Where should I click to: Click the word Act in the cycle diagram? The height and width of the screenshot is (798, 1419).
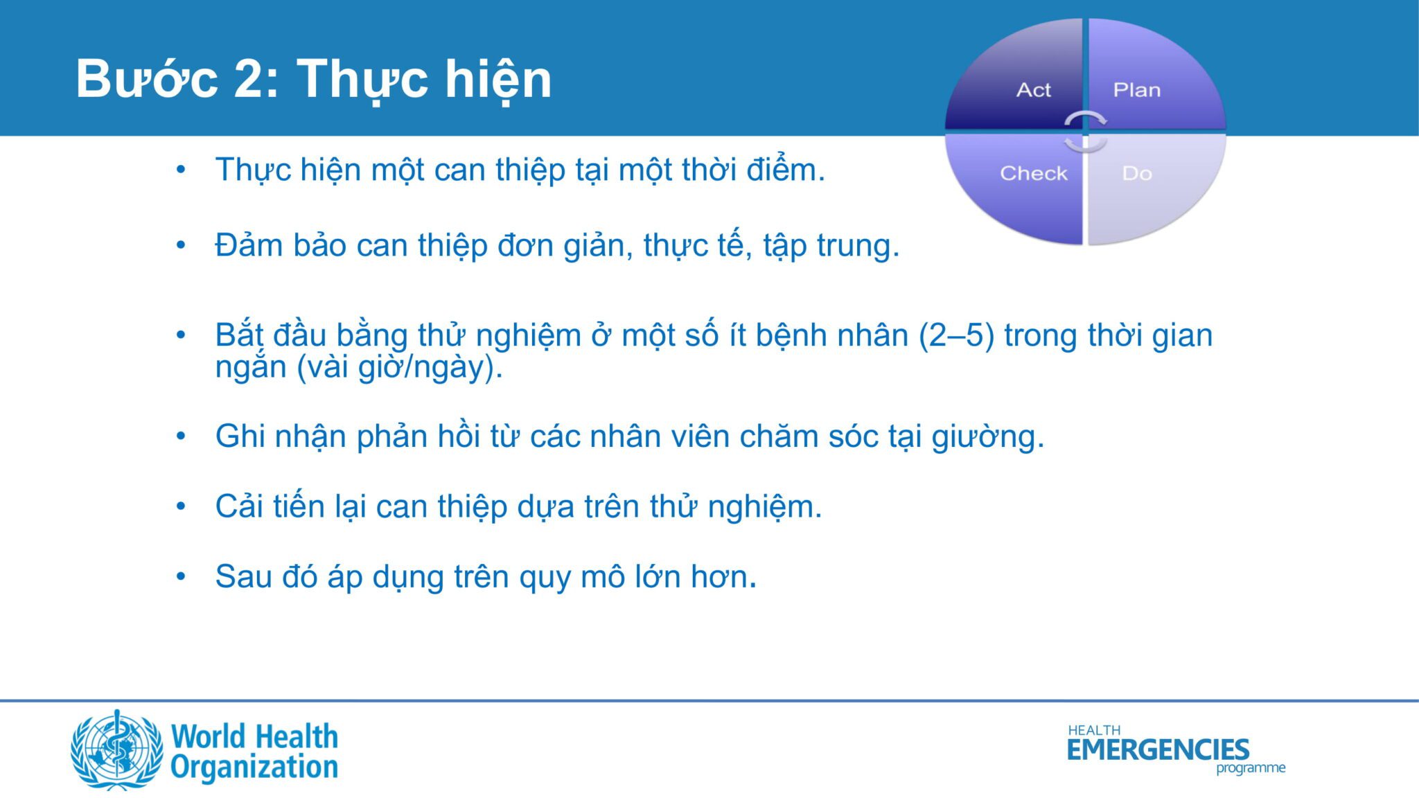click(1033, 90)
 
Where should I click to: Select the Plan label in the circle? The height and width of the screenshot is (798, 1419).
click(1136, 90)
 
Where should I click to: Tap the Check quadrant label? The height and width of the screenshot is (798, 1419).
click(1034, 173)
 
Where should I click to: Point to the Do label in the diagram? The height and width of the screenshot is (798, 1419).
click(1137, 173)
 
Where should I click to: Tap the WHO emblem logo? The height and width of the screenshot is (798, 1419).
click(117, 750)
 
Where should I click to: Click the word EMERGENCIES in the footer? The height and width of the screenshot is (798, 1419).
click(1158, 750)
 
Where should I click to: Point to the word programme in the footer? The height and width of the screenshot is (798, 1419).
click(1251, 768)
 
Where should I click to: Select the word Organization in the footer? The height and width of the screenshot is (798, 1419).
click(254, 767)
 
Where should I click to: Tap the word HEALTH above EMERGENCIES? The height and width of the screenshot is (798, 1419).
click(1094, 730)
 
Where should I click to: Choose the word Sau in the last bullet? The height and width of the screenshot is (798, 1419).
click(243, 576)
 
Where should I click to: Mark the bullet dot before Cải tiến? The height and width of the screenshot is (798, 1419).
click(181, 506)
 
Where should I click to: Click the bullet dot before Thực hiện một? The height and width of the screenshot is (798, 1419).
click(181, 170)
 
